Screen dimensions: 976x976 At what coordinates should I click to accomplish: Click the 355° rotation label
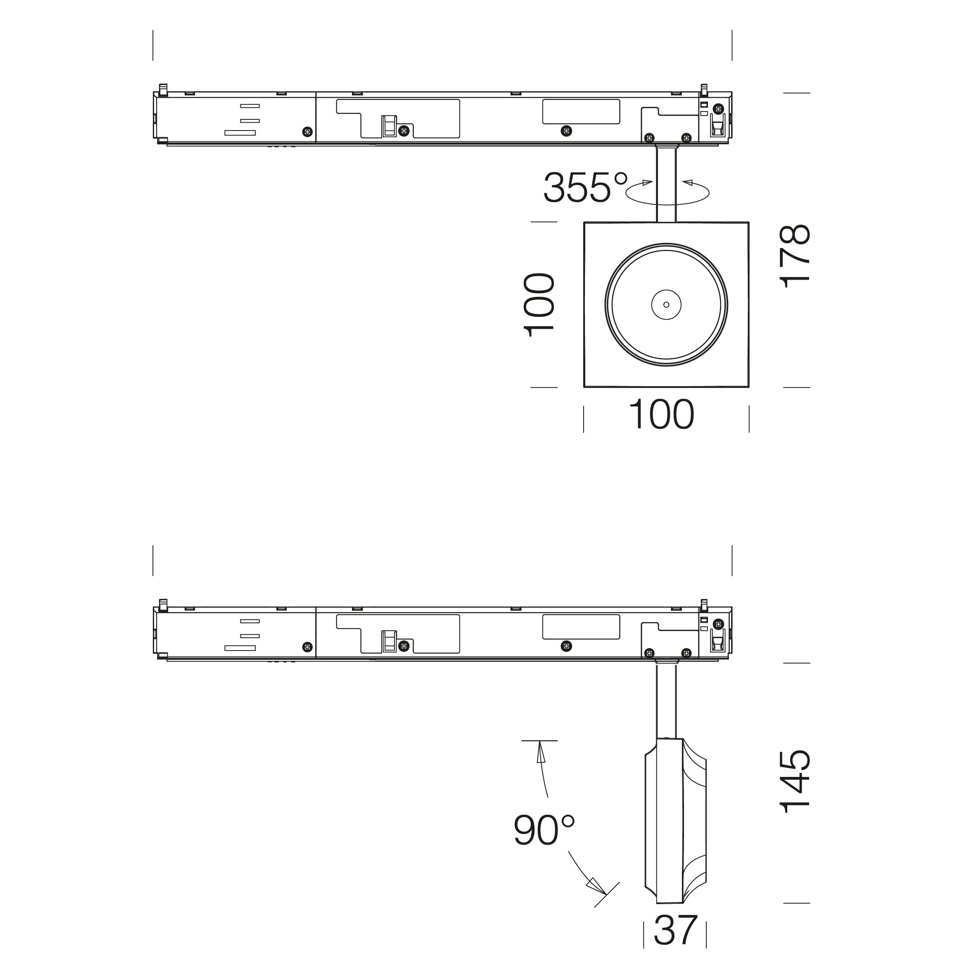(586, 188)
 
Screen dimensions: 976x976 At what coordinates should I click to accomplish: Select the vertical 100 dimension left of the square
(540, 305)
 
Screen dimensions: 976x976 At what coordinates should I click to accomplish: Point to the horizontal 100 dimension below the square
(662, 414)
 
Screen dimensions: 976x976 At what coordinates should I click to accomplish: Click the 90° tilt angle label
(544, 831)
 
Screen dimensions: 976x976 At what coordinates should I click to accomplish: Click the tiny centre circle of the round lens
(666, 305)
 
